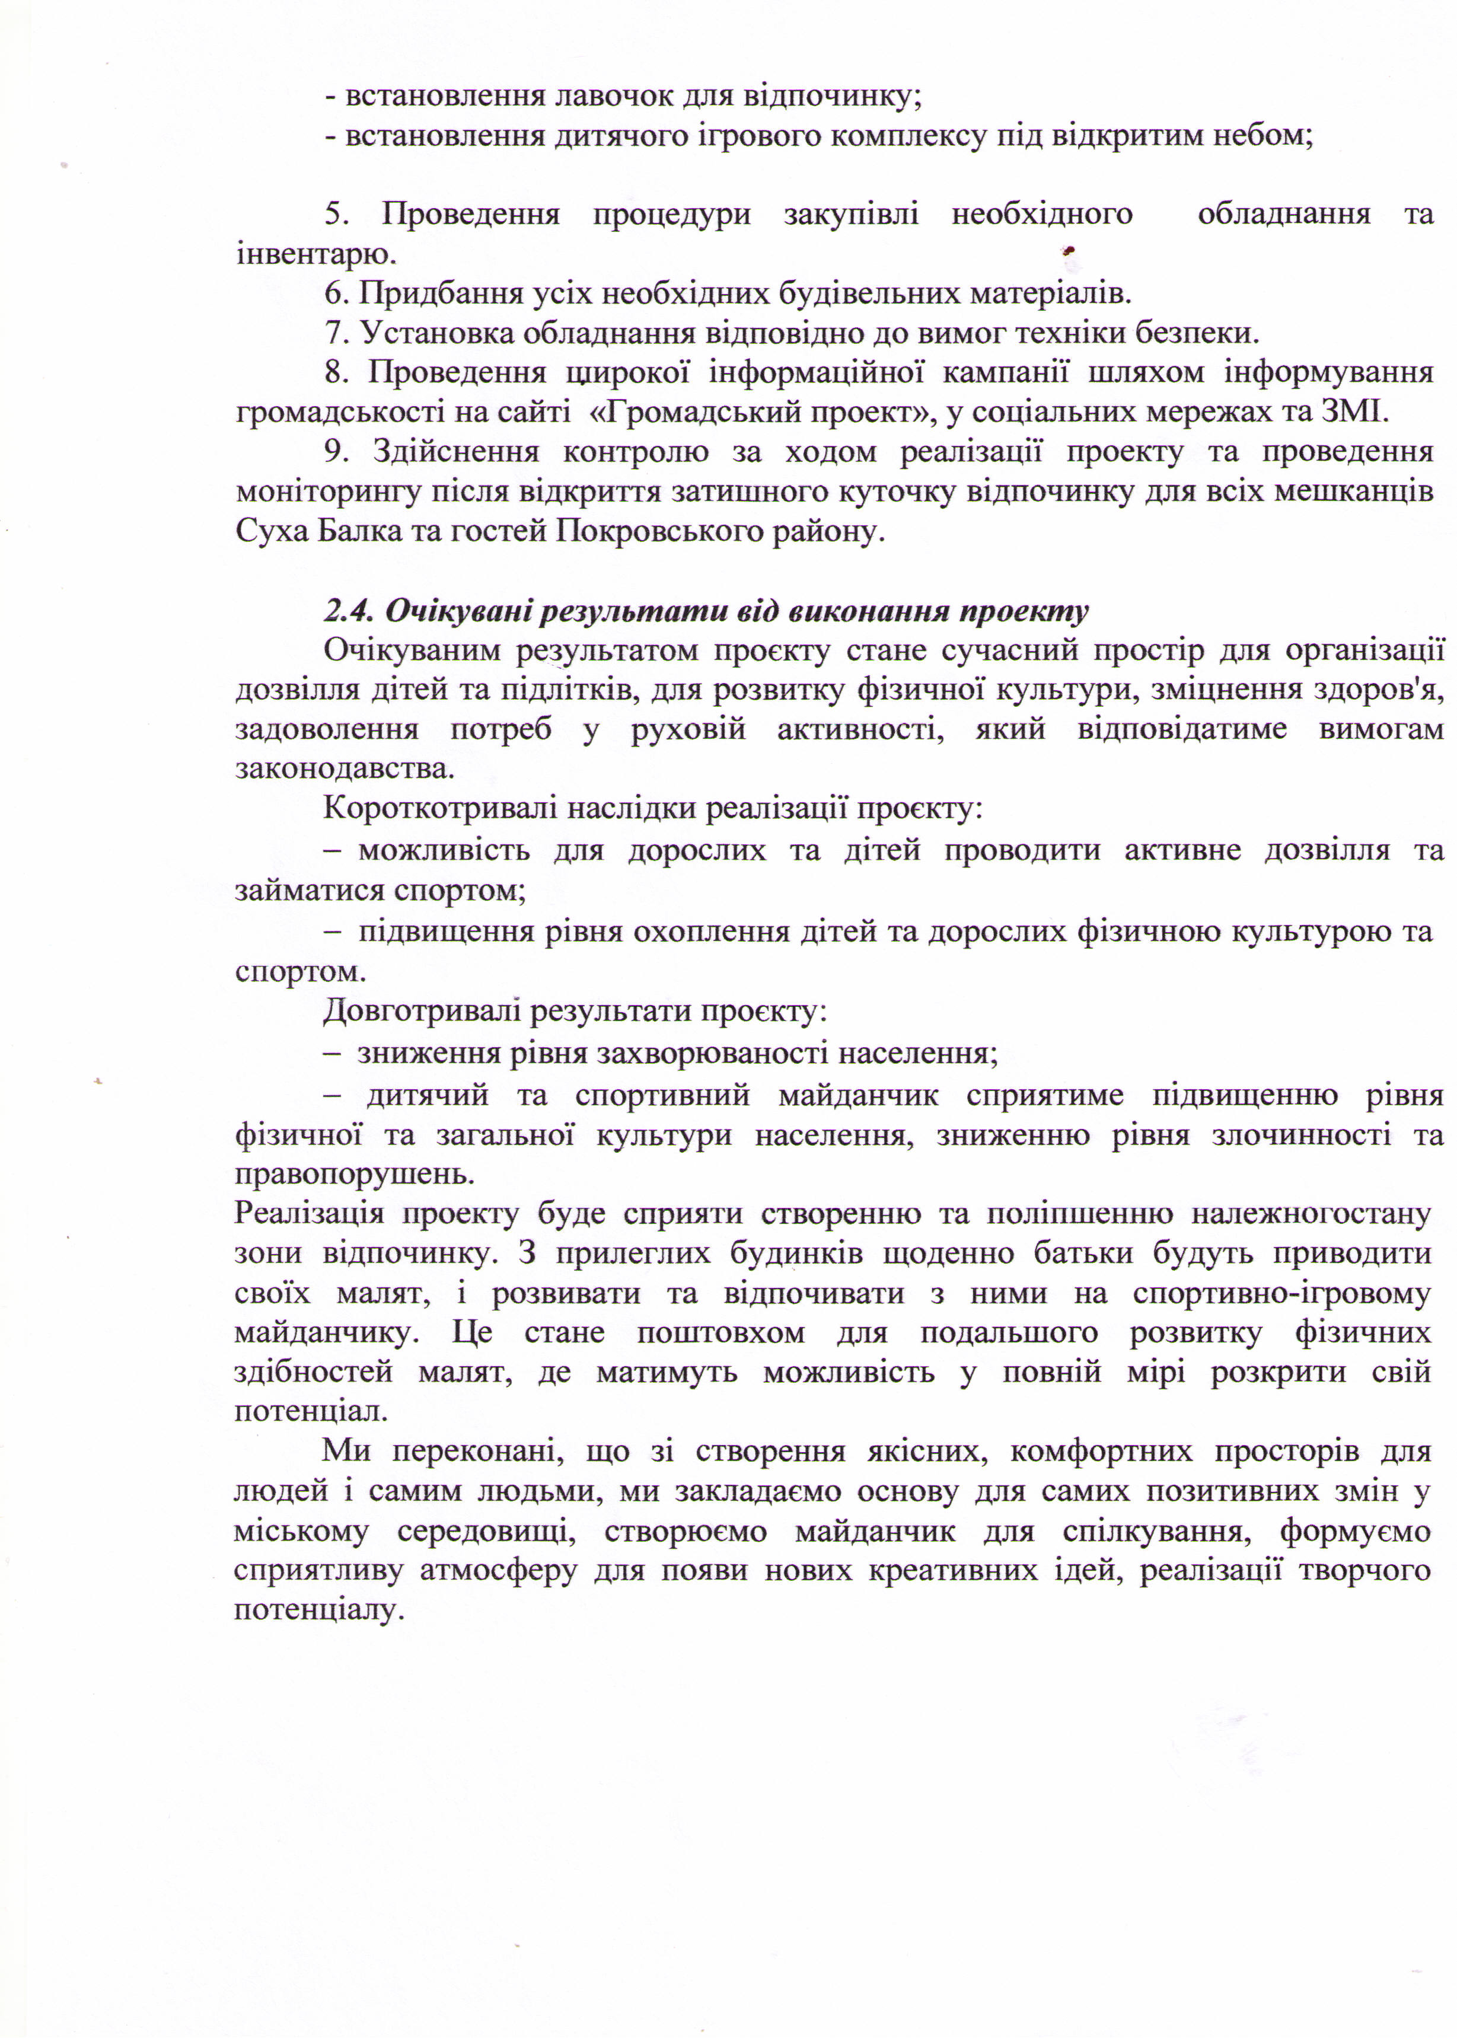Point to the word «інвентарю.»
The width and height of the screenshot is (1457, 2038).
coord(316,255)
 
